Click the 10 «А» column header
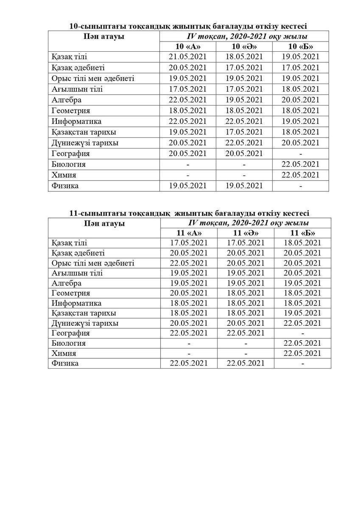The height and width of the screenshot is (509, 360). point(188,47)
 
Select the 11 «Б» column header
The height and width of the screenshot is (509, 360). point(302,233)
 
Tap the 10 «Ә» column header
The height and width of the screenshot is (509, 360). point(244,47)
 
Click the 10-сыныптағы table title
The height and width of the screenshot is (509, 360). point(188,26)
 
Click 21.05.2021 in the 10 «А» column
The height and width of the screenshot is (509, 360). point(188,57)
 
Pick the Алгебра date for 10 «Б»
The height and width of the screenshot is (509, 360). point(301,100)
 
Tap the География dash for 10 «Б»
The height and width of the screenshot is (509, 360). point(301,154)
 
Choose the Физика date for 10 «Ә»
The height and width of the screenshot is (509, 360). point(244,186)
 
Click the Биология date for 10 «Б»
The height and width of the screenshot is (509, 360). point(301,164)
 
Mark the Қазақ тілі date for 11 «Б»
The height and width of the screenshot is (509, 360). point(302,243)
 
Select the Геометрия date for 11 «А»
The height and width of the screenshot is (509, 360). point(189,293)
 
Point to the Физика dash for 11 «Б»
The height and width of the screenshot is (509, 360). point(302,364)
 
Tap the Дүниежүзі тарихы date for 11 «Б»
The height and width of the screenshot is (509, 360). point(302,323)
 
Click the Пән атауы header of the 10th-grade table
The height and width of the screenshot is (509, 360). point(104,36)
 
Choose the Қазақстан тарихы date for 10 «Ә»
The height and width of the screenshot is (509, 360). point(244,132)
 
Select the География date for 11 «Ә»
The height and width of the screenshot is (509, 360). point(246,333)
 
